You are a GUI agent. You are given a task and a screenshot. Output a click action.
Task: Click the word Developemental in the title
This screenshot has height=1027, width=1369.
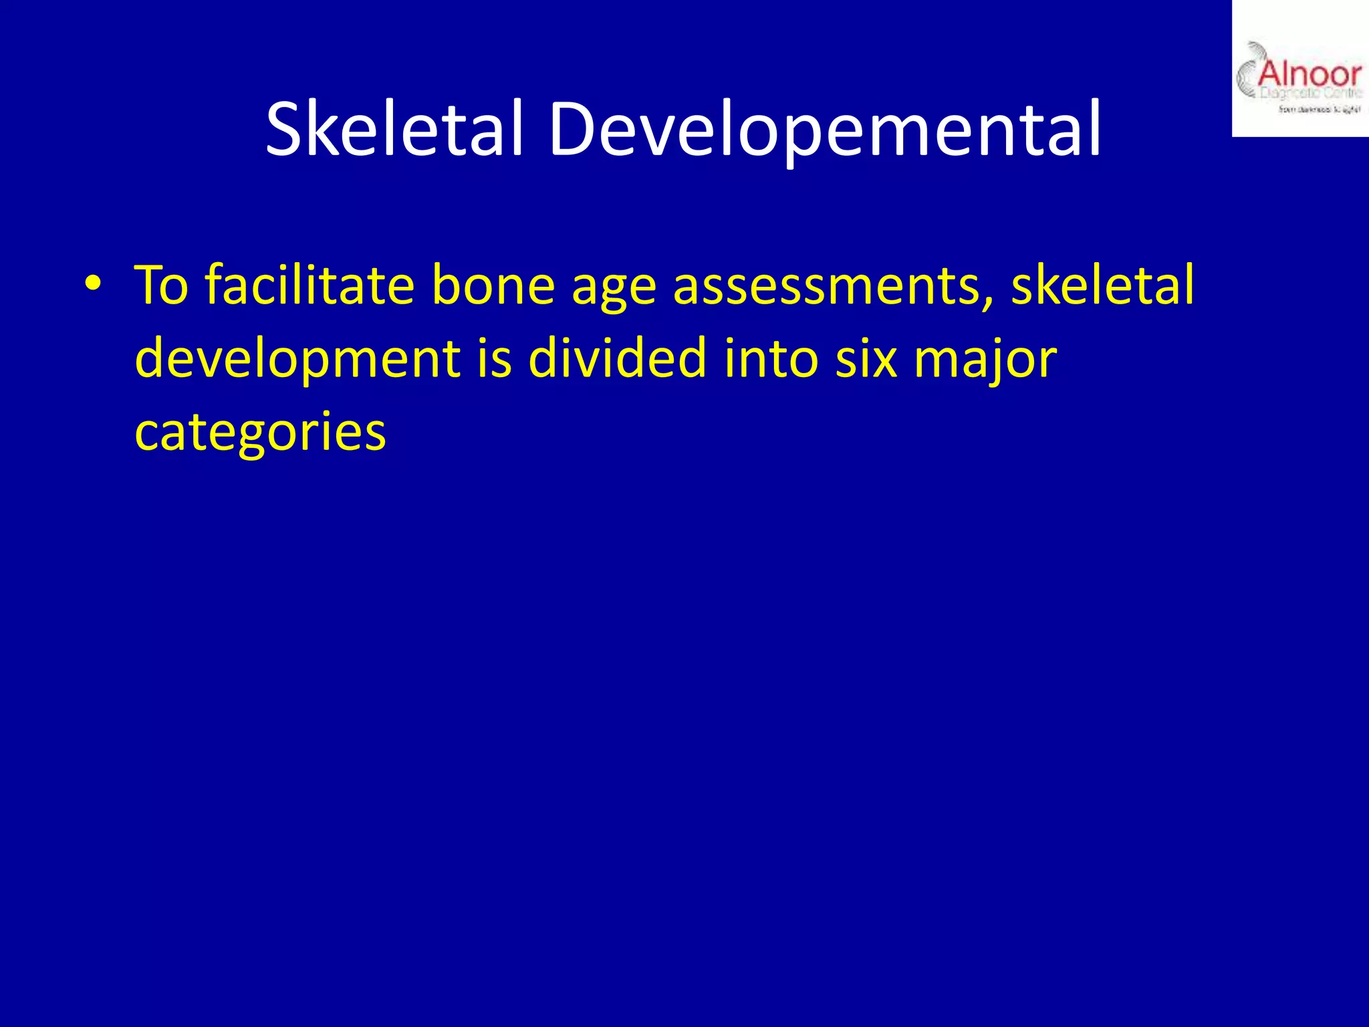[x=824, y=128]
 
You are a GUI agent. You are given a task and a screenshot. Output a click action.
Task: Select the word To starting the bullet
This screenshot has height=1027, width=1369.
[x=162, y=285]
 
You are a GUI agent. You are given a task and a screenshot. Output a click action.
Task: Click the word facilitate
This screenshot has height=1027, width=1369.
[x=309, y=285]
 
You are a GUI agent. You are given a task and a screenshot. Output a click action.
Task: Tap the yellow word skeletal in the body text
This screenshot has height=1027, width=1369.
[x=1102, y=285]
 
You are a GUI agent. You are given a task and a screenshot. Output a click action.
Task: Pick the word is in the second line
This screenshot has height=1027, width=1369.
[x=494, y=358]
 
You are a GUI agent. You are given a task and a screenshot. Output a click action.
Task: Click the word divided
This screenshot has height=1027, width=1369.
[x=617, y=358]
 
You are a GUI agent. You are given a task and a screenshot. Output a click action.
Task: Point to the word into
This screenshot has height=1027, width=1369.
[x=771, y=358]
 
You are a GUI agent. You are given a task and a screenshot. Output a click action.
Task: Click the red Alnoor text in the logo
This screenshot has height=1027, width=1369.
[x=1309, y=74]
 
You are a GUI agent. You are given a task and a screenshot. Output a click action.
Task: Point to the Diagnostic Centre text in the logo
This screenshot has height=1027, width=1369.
[x=1310, y=94]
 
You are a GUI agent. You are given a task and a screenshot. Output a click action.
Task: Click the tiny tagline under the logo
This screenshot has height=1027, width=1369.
[x=1319, y=110]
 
